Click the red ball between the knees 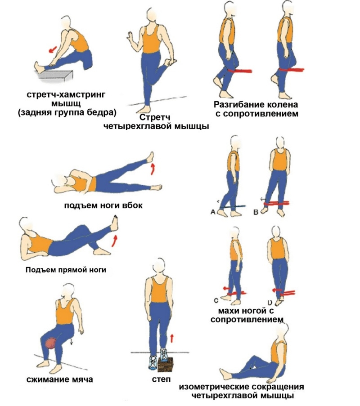coord(51,343)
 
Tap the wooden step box coord(165,365)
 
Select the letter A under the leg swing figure coord(213,212)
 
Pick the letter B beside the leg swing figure coord(256,212)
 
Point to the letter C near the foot coord(216,300)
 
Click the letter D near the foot coord(270,303)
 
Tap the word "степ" coord(161,379)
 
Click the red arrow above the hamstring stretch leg coord(53,49)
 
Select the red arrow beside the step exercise coord(171,338)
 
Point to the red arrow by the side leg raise coord(153,169)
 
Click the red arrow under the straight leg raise coord(114,241)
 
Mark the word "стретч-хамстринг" coord(66,94)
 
